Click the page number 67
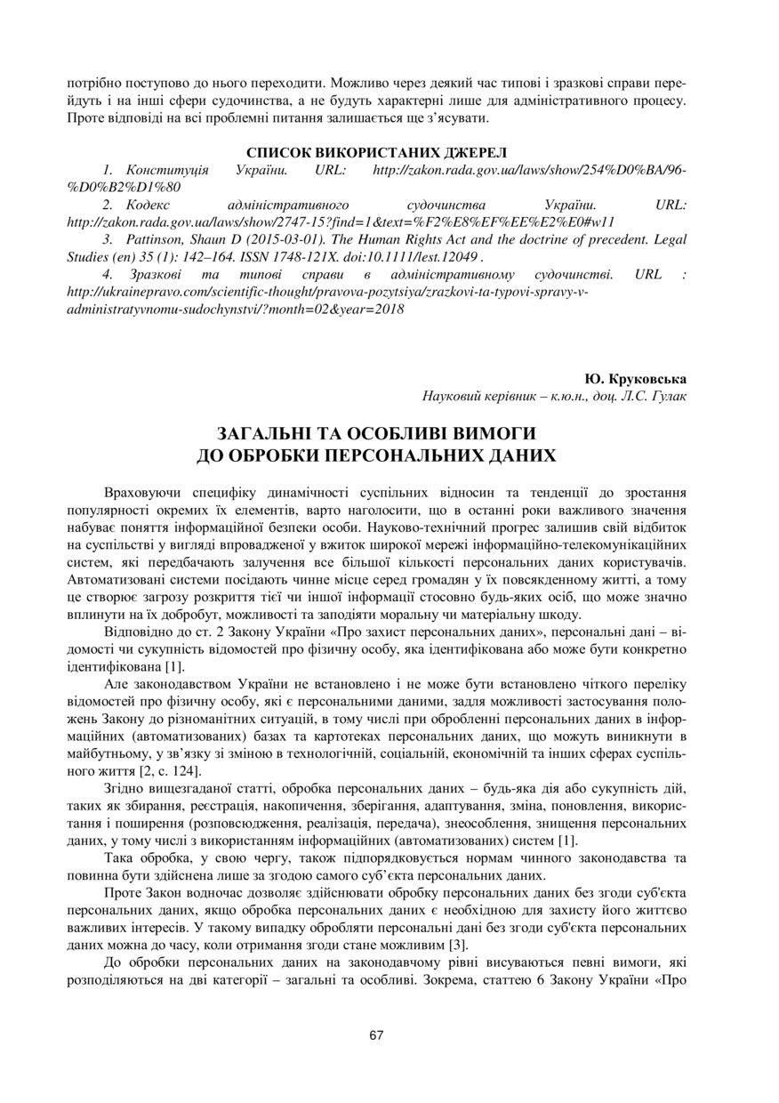pyautogui.click(x=376, y=1035)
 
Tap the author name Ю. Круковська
pyautogui.click(x=636, y=378)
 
